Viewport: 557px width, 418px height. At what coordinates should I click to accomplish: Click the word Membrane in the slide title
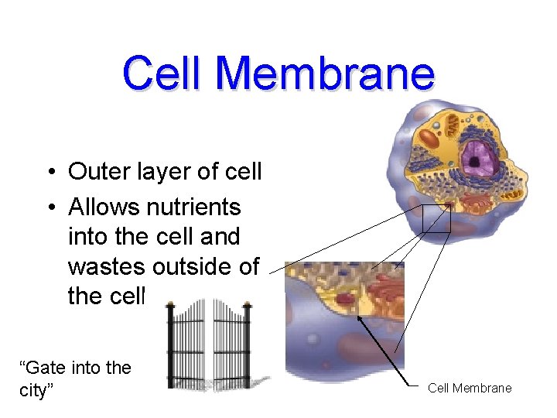(x=326, y=74)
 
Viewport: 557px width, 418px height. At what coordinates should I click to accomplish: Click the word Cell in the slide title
(x=163, y=74)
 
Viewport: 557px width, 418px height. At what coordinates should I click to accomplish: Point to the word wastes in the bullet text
(x=108, y=266)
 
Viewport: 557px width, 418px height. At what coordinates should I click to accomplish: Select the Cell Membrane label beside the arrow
(x=470, y=388)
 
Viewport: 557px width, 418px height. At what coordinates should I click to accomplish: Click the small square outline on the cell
(x=436, y=219)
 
